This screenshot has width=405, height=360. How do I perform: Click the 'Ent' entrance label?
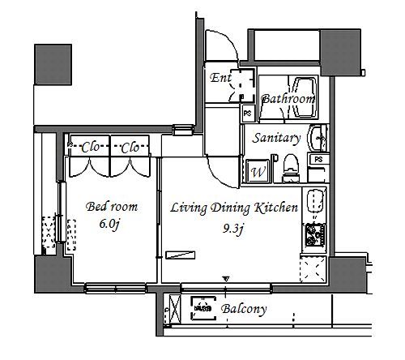click(220, 78)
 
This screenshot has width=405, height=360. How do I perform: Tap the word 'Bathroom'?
click(288, 99)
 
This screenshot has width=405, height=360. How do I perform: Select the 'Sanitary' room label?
click(276, 138)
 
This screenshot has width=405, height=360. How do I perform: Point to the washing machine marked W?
click(258, 171)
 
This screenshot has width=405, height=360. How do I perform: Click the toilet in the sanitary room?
click(291, 168)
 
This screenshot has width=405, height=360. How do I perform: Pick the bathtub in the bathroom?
click(305, 97)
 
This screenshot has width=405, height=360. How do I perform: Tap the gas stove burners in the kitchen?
click(315, 235)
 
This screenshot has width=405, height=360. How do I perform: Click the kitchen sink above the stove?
click(315, 201)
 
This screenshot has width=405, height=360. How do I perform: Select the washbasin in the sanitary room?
click(318, 138)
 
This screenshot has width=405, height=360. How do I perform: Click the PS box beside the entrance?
click(248, 113)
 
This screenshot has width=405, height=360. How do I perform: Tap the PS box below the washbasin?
click(318, 159)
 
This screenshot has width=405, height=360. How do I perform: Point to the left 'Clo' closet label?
click(90, 148)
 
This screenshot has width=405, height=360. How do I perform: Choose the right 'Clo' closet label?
click(130, 148)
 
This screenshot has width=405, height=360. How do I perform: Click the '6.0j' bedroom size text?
click(109, 224)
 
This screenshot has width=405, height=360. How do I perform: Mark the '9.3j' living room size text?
click(233, 229)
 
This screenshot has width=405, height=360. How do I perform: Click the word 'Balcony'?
click(244, 309)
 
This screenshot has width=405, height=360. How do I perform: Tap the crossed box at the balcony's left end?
click(175, 309)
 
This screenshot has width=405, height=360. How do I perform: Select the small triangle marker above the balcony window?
click(226, 278)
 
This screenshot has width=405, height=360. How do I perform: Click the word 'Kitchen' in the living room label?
click(276, 208)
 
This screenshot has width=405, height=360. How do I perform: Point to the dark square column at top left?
click(53, 65)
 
